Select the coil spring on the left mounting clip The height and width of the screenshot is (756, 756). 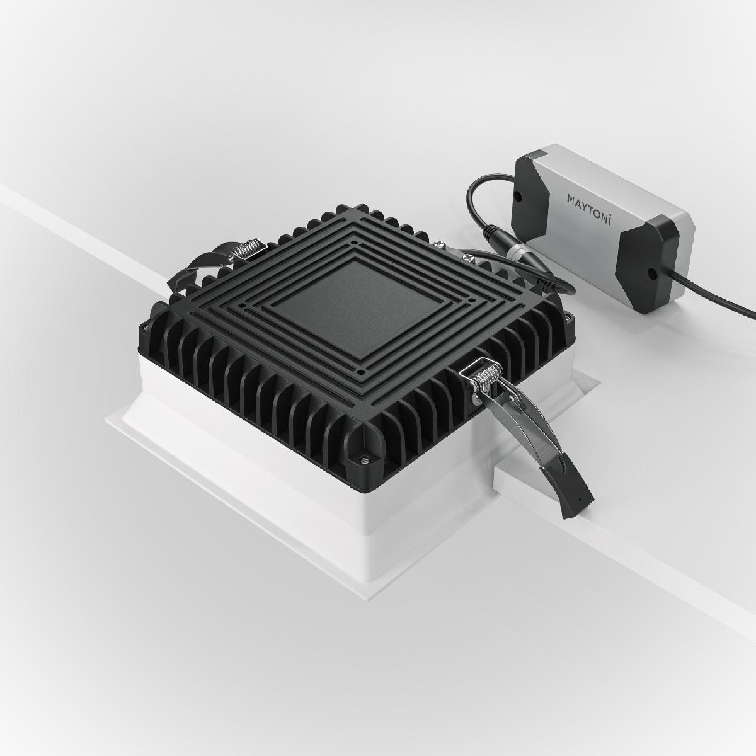[245, 250]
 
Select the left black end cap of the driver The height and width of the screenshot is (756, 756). [532, 183]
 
